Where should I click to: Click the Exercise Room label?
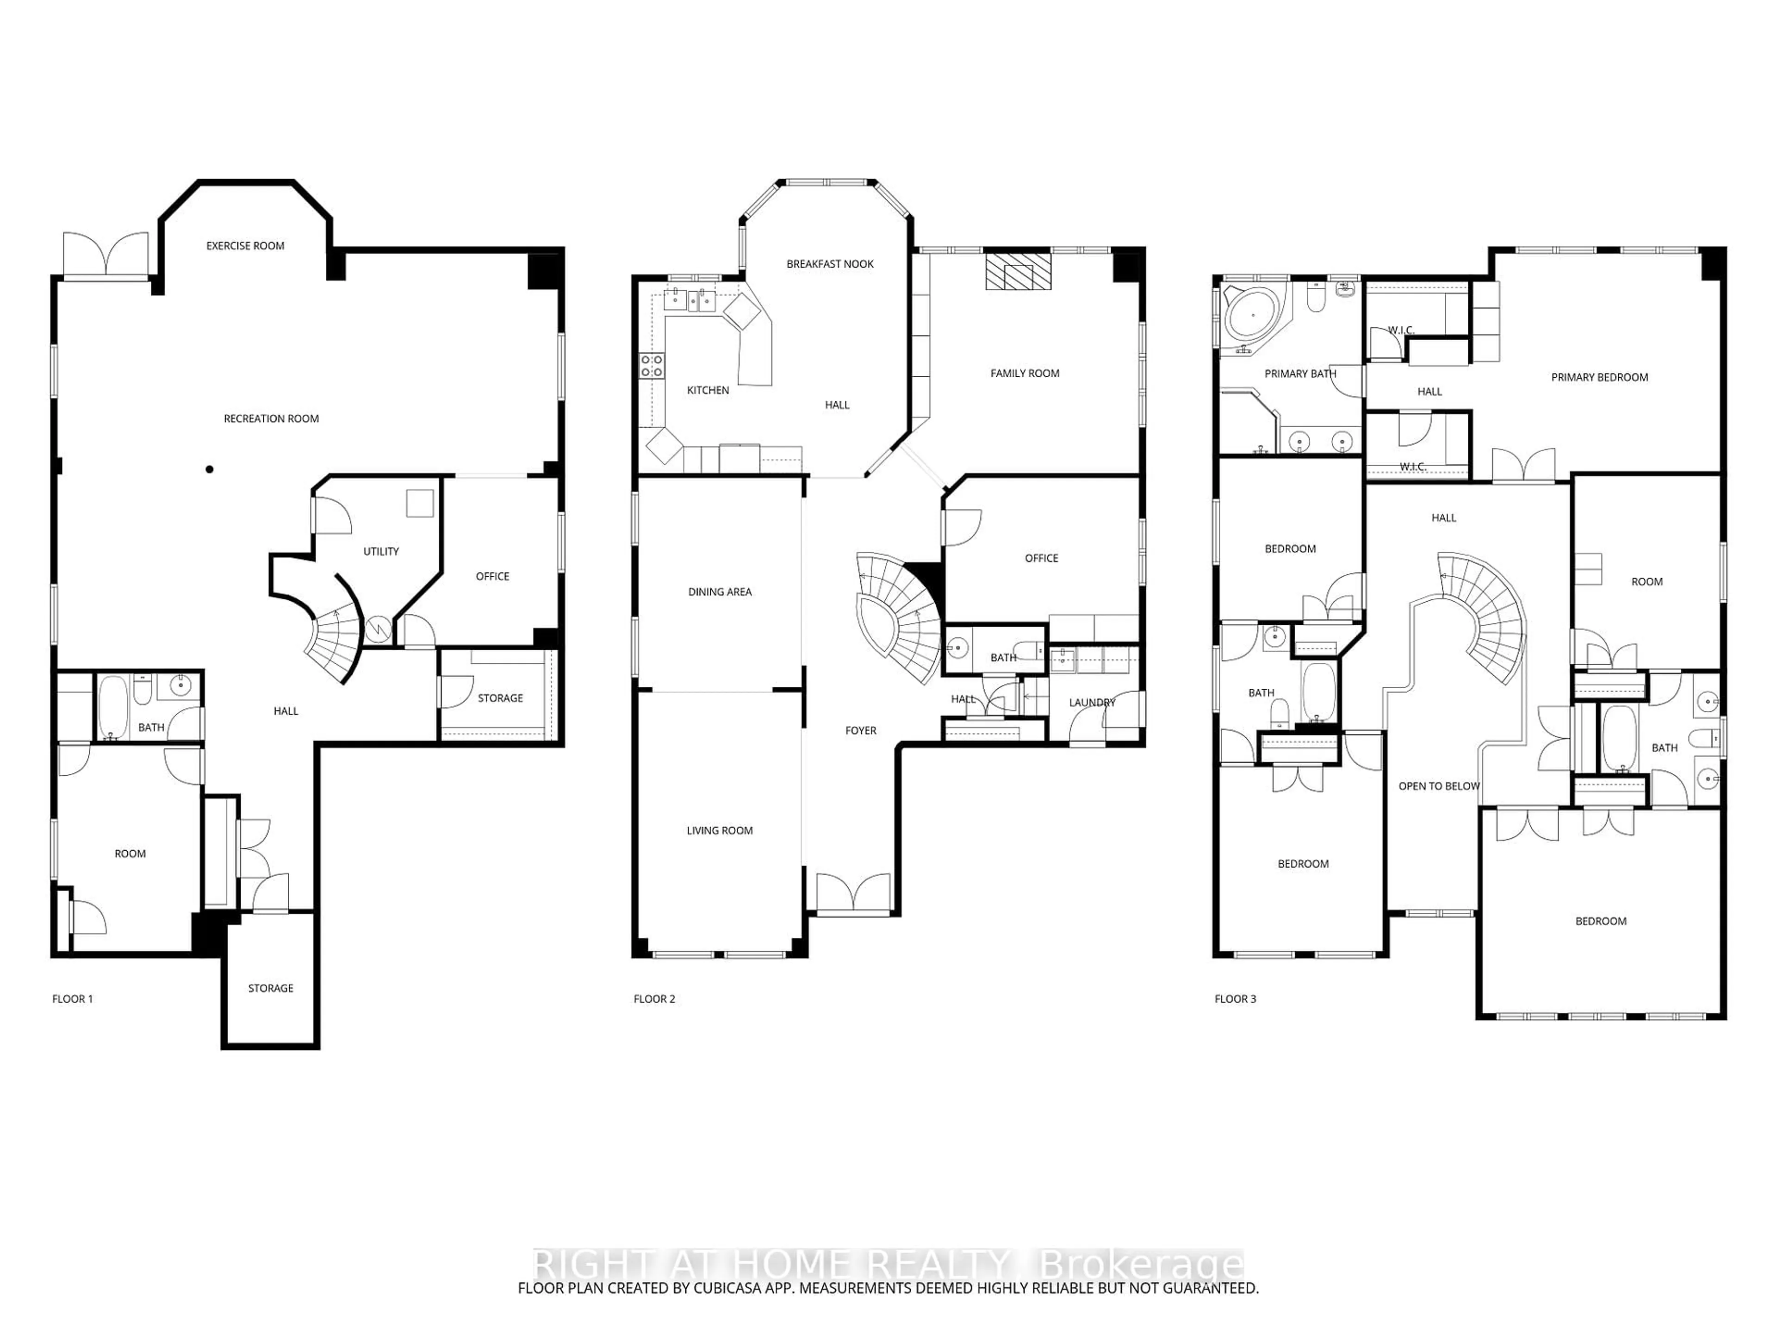[245, 246]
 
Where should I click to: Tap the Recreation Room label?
[272, 418]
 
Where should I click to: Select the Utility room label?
[381, 551]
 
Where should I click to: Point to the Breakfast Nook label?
[830, 263]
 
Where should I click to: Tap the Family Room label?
[1025, 373]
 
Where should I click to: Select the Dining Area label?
[720, 592]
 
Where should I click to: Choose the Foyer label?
[861, 730]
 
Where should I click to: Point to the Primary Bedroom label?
[1599, 377]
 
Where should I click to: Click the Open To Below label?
[1439, 786]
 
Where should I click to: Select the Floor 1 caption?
[72, 999]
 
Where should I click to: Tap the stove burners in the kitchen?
[652, 367]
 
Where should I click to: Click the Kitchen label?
[708, 390]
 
